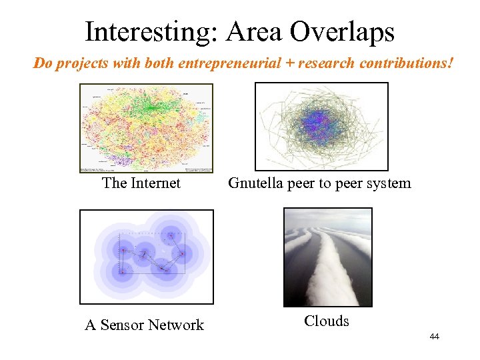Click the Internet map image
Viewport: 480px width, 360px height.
point(146,128)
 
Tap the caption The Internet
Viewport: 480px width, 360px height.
point(141,183)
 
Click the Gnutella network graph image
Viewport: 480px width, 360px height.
point(321,127)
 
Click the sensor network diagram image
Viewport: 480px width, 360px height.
point(147,257)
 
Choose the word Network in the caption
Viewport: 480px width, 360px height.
point(176,325)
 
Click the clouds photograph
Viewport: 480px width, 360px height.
point(328,257)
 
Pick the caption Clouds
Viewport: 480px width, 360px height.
point(327,321)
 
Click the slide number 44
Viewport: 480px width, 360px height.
point(434,337)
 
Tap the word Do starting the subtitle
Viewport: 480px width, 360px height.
point(42,64)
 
